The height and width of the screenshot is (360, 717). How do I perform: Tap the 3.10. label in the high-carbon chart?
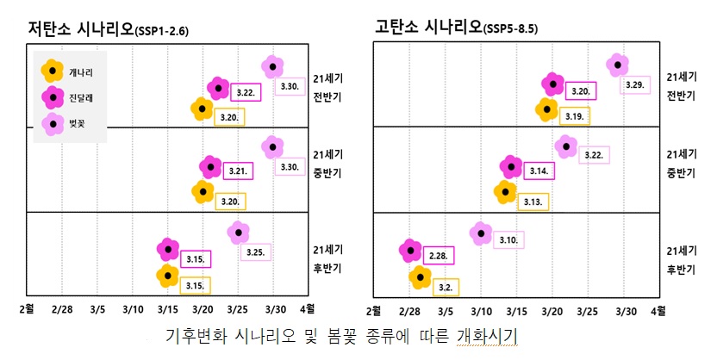pos(508,240)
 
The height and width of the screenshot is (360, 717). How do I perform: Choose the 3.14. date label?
pos(539,171)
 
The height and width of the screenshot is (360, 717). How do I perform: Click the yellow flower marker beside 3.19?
pos(546,109)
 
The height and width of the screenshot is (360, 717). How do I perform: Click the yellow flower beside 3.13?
pos(504,190)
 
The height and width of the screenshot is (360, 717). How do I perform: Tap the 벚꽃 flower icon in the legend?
pos(53,124)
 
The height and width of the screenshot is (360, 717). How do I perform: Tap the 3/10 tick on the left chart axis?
pos(133,307)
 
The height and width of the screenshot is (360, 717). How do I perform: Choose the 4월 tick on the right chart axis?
pos(658,307)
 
